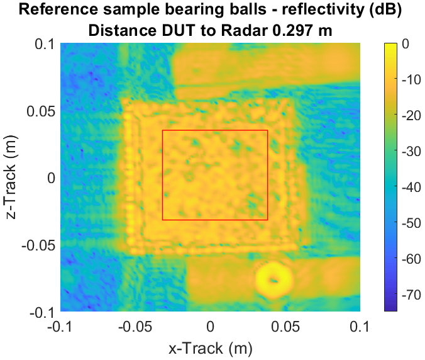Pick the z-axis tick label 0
(x=52, y=178)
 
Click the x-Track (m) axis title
(x=211, y=347)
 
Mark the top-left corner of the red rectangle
(x=163, y=130)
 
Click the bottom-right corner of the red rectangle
(x=268, y=220)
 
